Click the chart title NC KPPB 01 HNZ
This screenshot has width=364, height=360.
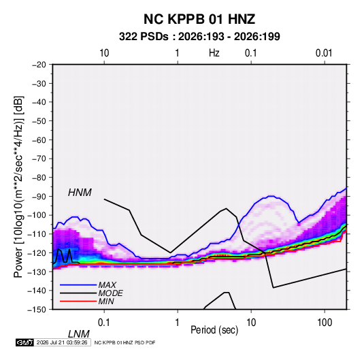(x=199, y=19)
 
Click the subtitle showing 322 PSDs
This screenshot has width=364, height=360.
(x=199, y=37)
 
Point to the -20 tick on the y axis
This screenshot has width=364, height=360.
(x=39, y=65)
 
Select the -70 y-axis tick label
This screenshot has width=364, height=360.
(x=39, y=159)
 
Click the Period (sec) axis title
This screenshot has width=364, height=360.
(x=214, y=330)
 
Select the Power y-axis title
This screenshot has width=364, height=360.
(x=18, y=187)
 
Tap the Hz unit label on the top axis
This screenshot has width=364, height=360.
(x=214, y=53)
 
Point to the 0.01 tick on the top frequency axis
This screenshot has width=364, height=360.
(x=324, y=53)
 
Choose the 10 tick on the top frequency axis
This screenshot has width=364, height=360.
(x=104, y=53)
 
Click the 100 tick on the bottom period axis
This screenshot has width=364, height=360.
(x=325, y=323)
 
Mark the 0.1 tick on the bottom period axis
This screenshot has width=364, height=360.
(x=103, y=323)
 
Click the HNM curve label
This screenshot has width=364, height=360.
(x=80, y=193)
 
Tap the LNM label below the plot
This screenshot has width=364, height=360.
(x=78, y=334)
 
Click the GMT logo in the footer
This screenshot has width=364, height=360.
(x=24, y=342)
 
